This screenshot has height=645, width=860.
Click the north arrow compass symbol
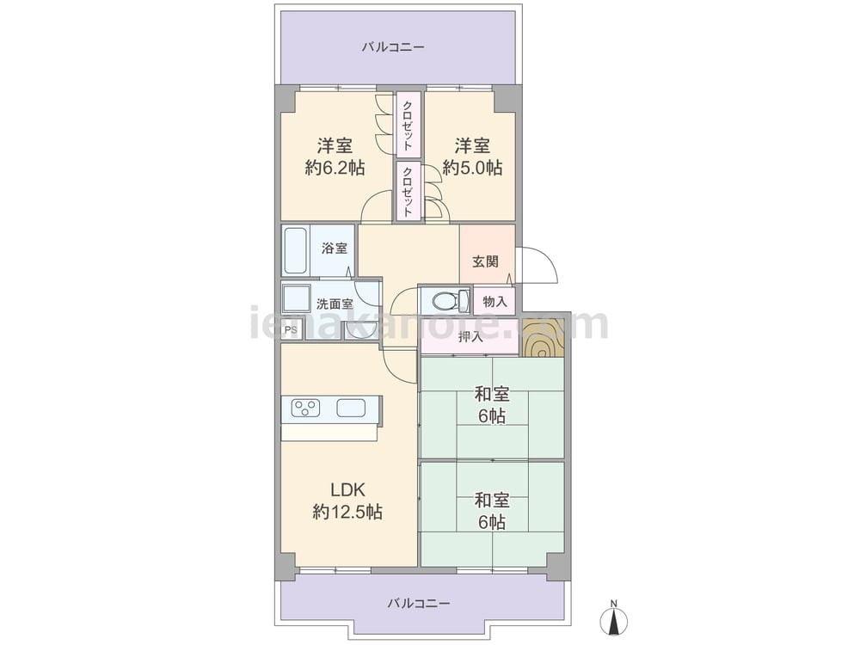614,620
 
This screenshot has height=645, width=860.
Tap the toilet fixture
450,300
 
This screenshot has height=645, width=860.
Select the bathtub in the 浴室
296,250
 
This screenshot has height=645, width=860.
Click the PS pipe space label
292,330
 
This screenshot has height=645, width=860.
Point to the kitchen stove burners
305,408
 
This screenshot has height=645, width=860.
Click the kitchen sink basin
351,408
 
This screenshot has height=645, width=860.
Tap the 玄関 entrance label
485,261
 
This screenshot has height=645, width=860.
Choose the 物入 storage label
494,301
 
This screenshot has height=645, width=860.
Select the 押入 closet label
470,337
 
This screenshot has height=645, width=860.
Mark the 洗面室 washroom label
335,304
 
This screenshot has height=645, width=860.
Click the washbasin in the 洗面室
296,299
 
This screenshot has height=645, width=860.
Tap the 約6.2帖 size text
335,168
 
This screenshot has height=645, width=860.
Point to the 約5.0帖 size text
472,168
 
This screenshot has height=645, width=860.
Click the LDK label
347,489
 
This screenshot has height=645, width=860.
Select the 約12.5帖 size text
347,512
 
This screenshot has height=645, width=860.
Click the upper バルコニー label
393,47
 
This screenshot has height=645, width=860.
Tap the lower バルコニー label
419,604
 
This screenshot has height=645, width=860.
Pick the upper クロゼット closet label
408,125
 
